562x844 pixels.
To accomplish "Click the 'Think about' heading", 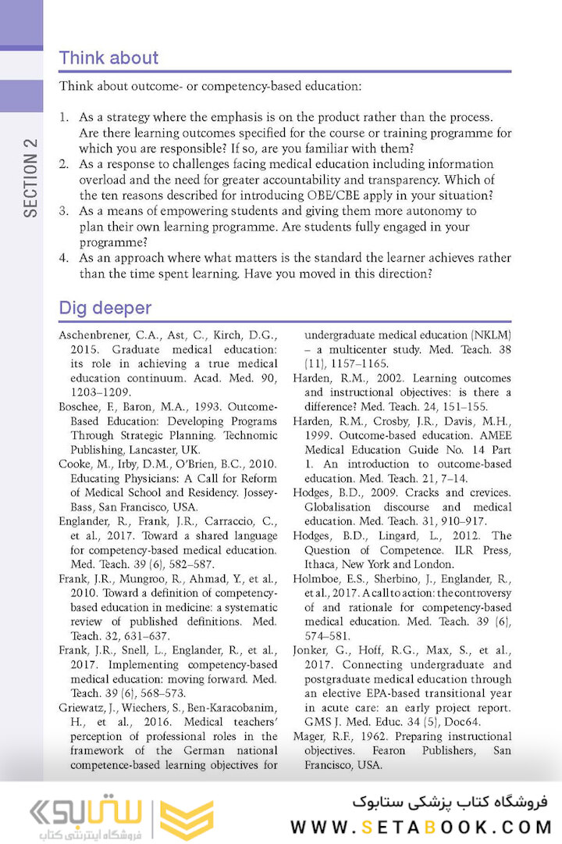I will [x=108, y=58].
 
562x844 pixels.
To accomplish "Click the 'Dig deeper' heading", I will [x=105, y=308].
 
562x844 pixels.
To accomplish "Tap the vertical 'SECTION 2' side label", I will [x=30, y=178].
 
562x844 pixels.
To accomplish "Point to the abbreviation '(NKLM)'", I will [x=493, y=336].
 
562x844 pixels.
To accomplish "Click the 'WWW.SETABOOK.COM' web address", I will [x=421, y=827].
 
